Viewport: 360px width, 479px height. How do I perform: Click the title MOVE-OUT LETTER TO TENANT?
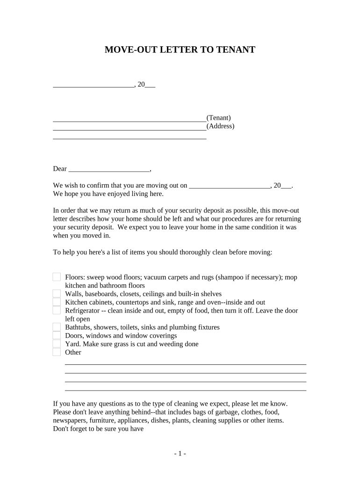(180, 50)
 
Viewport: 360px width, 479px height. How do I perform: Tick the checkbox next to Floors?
(57, 277)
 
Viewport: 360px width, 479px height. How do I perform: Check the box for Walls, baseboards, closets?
(57, 294)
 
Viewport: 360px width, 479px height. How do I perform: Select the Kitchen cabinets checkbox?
(57, 302)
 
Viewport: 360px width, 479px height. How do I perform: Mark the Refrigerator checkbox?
(57, 311)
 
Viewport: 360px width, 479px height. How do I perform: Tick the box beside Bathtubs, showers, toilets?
(57, 327)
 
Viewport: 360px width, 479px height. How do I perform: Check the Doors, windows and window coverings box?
(57, 335)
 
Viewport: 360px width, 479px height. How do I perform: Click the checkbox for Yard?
(57, 344)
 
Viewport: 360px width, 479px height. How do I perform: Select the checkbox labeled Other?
(57, 352)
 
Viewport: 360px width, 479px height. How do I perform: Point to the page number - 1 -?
(180, 454)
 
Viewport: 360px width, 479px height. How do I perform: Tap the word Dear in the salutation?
(60, 169)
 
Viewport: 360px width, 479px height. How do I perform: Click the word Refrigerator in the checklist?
(82, 311)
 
